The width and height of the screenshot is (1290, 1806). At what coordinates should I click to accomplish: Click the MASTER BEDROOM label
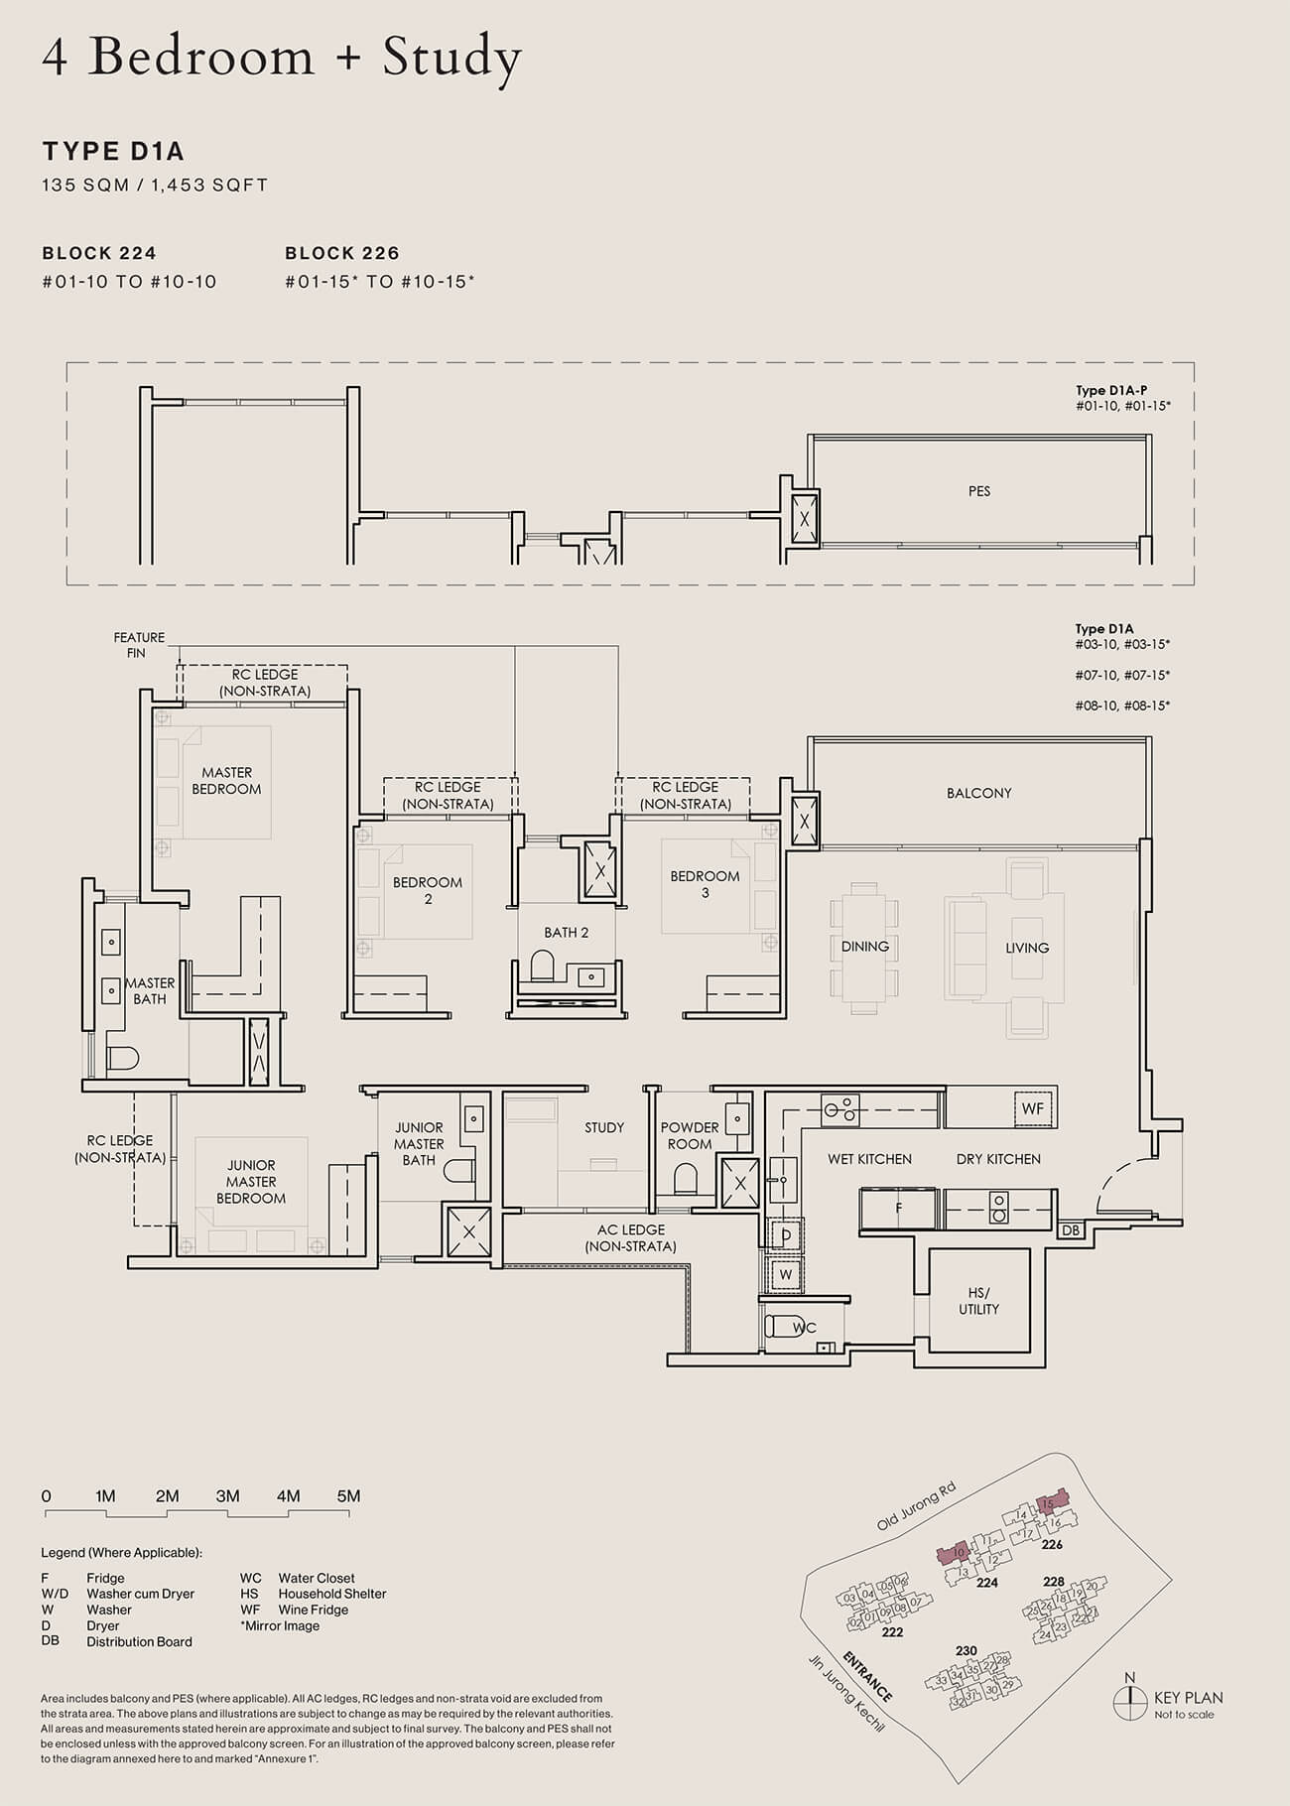[226, 781]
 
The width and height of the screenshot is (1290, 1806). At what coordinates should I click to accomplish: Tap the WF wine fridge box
[1032, 1108]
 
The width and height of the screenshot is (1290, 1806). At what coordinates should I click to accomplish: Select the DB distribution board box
[1070, 1230]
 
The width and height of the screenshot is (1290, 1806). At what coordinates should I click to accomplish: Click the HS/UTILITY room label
[978, 1301]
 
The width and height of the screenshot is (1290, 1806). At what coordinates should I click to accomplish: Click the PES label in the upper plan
[978, 491]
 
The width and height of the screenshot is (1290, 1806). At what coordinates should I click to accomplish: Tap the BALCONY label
[978, 793]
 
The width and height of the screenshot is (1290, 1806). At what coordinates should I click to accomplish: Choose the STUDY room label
[603, 1127]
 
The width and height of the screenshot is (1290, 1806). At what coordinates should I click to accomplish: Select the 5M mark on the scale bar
[348, 1496]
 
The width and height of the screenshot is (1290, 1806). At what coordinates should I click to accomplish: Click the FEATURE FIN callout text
[139, 645]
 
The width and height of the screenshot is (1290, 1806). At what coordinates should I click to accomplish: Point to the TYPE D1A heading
[113, 152]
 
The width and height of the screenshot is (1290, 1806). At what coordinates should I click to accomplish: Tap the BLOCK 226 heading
[341, 253]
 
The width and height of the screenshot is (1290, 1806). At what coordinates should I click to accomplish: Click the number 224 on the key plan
[986, 1583]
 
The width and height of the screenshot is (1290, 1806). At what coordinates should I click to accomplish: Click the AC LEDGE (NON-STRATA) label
[631, 1237]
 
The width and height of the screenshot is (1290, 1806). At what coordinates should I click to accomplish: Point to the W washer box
[786, 1274]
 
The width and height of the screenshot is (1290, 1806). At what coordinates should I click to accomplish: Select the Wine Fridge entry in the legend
[313, 1610]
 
